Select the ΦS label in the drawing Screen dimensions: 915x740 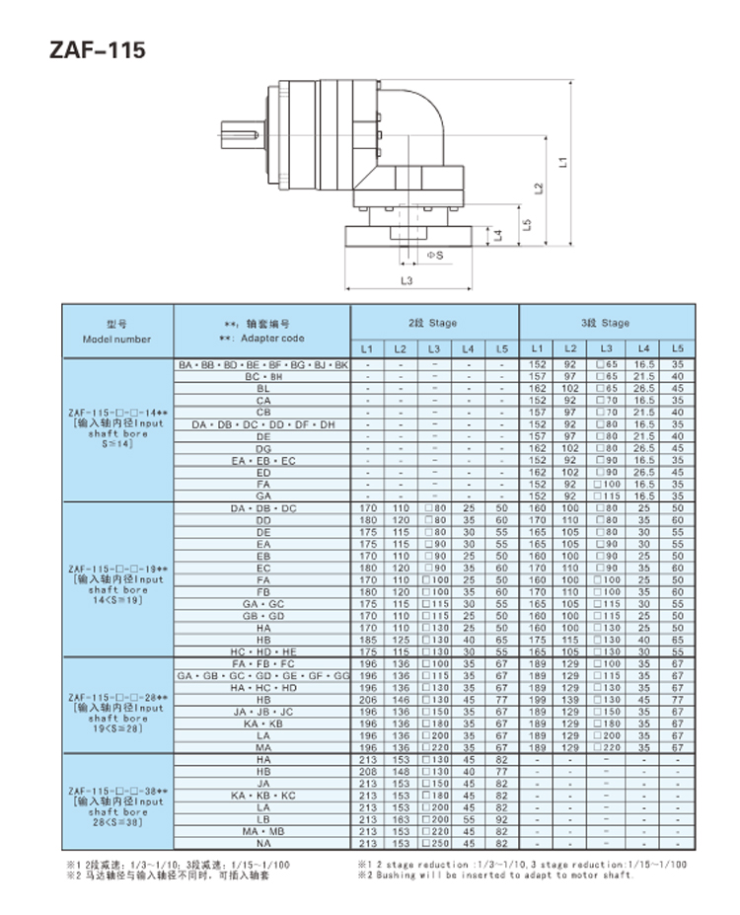click(433, 255)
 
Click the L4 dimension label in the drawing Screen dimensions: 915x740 click(498, 235)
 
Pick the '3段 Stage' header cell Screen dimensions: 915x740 click(604, 323)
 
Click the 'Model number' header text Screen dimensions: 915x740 click(117, 339)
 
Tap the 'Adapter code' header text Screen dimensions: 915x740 click(261, 339)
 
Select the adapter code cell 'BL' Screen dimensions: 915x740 click(262, 389)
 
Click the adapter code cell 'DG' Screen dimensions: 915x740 click(262, 448)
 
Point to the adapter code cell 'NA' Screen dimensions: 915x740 click(262, 844)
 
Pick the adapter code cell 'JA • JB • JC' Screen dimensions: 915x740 click(262, 711)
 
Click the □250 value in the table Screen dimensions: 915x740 click(433, 844)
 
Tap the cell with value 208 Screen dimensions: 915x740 click(367, 771)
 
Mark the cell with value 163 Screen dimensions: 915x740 click(401, 819)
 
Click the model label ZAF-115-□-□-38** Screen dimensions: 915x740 click(117, 792)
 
